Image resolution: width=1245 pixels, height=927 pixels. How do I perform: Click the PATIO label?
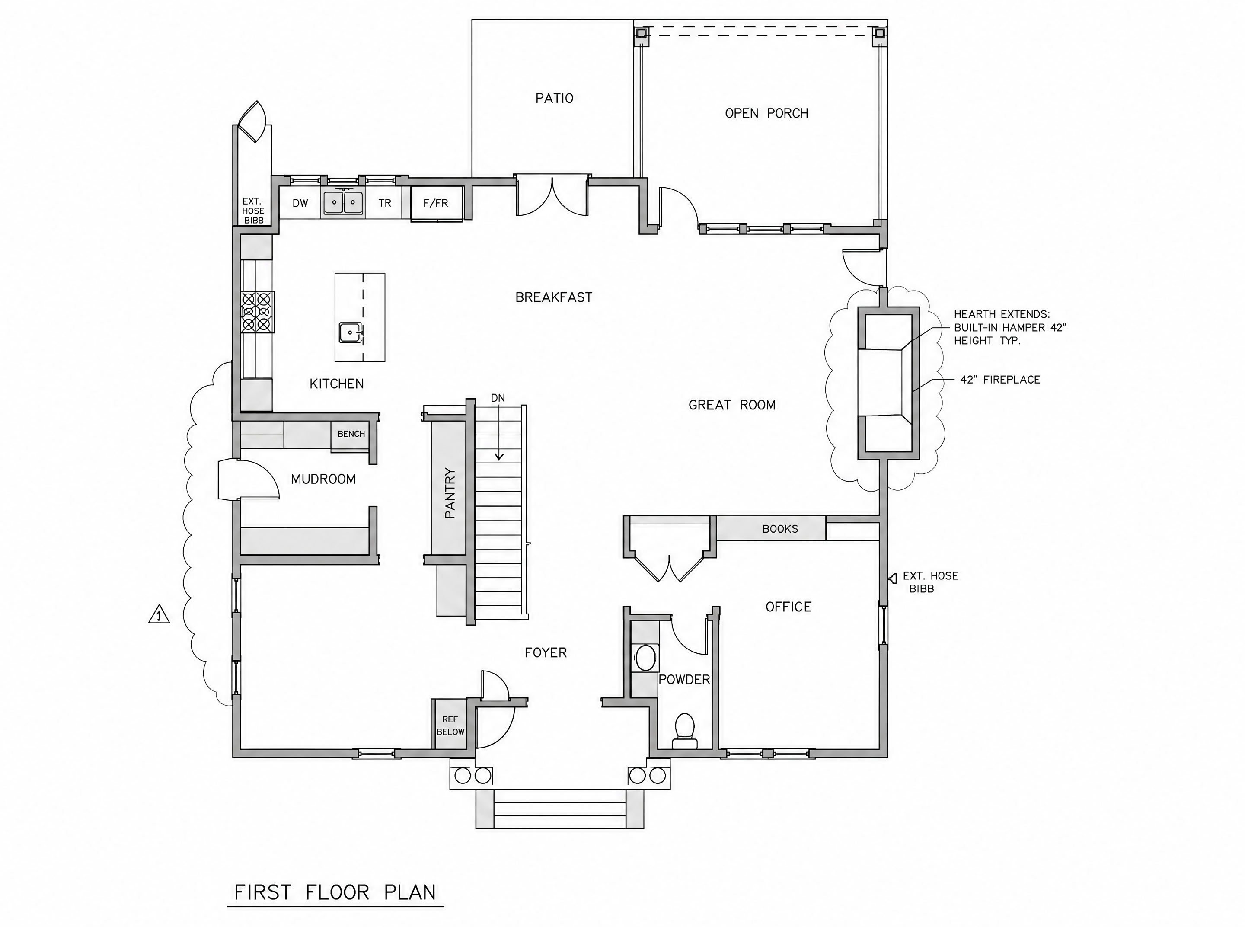pos(554,99)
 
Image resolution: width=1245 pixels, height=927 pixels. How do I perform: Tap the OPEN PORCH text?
pos(766,113)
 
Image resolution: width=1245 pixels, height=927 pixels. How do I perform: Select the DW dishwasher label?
pos(300,203)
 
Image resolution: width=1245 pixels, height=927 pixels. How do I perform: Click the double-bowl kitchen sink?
pos(343,203)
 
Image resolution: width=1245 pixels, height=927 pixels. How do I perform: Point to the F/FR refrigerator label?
pos(436,203)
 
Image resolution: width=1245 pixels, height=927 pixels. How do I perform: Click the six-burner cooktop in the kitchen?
pos(257,312)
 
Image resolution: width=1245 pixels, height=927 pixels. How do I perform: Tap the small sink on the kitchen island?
pos(351,332)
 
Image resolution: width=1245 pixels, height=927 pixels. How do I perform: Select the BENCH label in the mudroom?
pos(351,434)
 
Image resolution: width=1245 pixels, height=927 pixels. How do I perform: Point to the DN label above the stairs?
pos(498,398)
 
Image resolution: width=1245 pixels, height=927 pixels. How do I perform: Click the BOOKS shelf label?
pos(780,529)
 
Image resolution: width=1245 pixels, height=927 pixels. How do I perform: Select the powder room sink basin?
pos(646,658)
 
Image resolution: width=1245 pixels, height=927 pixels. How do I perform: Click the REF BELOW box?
pos(450,726)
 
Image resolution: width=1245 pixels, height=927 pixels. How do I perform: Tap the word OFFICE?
pos(788,607)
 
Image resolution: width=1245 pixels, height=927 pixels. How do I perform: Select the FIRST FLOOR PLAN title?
pos(335,892)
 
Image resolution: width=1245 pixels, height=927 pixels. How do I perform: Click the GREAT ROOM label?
pos(731,405)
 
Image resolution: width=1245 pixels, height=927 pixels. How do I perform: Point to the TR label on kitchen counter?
pos(384,203)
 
